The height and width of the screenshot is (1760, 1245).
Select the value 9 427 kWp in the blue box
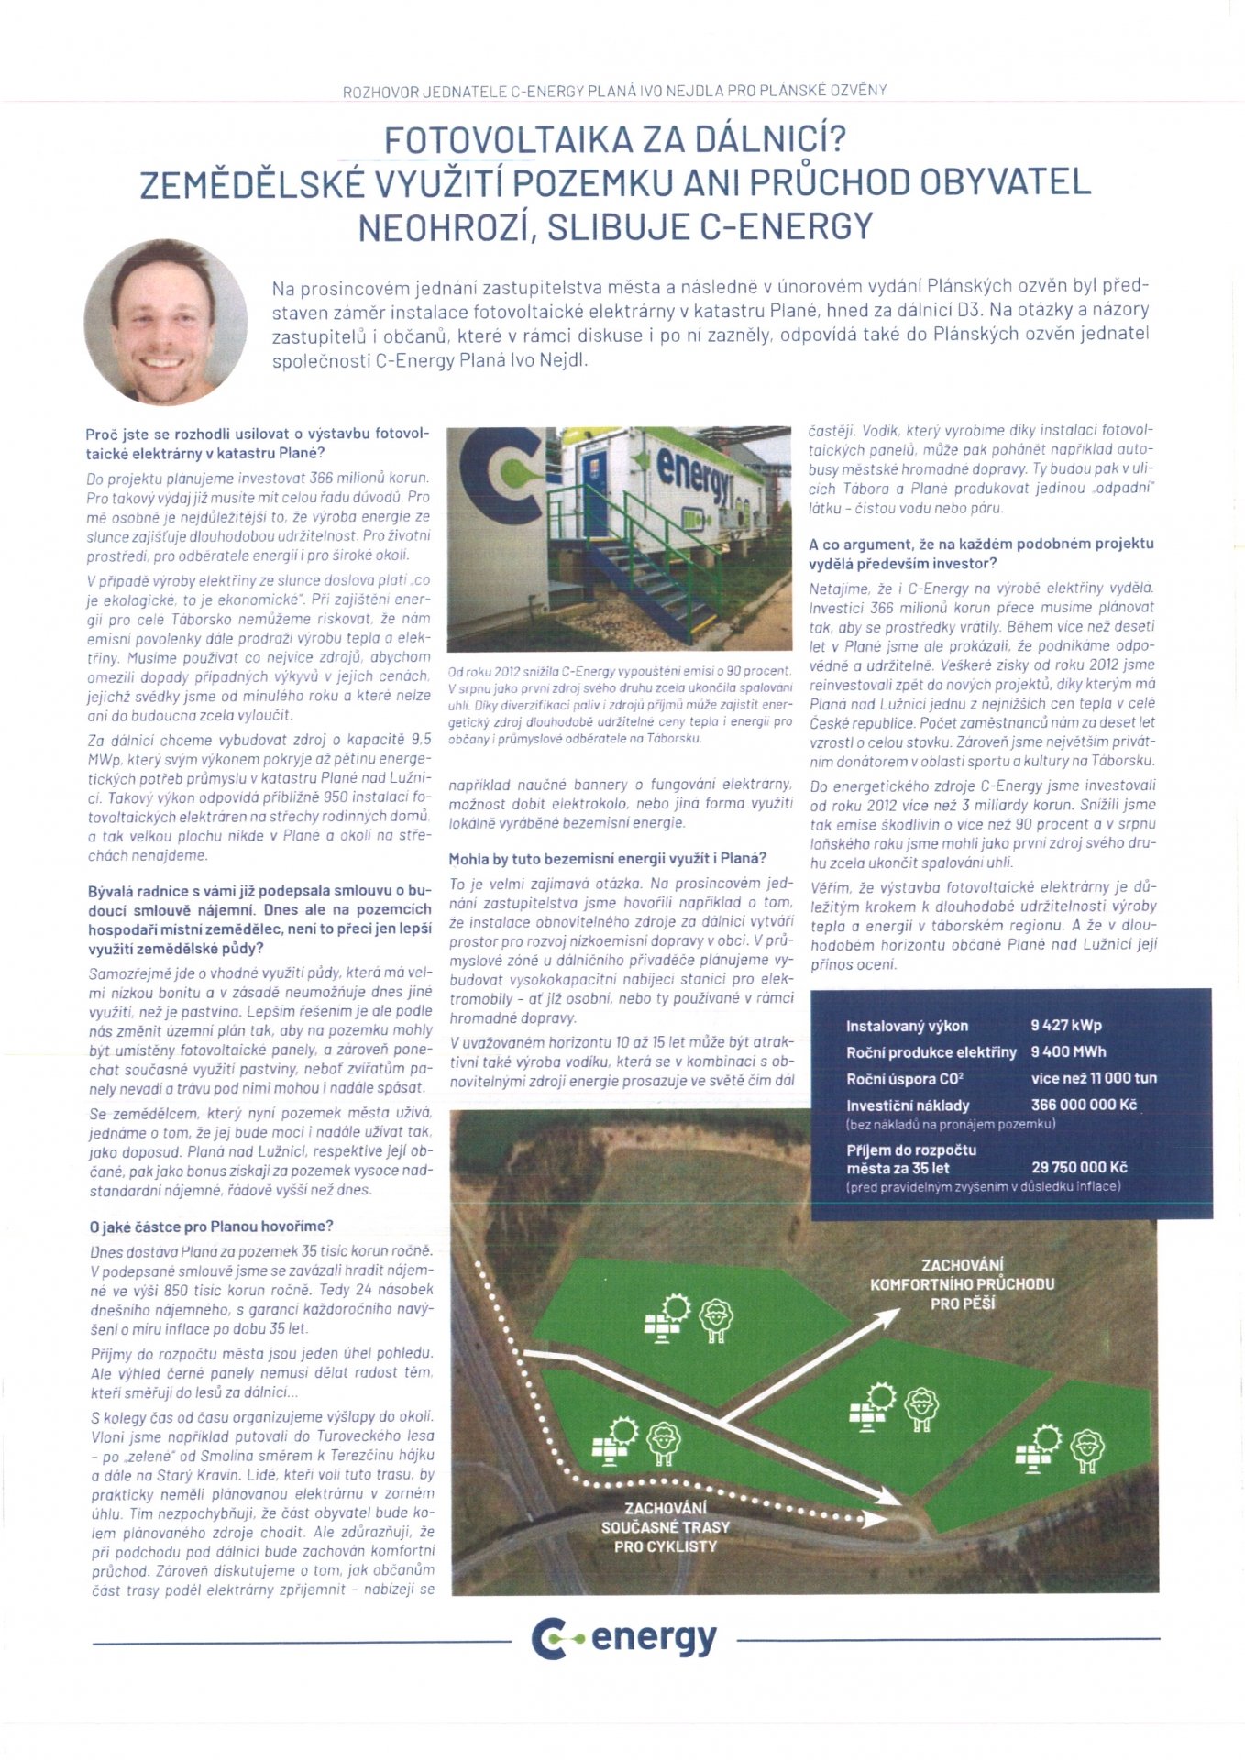coord(1065,1026)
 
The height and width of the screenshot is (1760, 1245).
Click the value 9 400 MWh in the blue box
coord(1068,1052)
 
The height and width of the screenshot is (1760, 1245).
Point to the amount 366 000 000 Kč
coord(1084,1105)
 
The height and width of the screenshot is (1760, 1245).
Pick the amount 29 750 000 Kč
coord(1079,1168)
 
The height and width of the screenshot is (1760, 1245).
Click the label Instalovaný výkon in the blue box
coord(907,1027)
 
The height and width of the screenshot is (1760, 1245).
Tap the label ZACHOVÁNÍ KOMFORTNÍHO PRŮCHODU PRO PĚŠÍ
coord(962,1283)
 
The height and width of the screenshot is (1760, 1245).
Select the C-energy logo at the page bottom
coord(623,1638)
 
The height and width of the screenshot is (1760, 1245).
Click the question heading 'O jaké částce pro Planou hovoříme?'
coord(211,1226)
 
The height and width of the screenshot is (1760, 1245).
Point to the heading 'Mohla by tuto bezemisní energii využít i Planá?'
coord(607,859)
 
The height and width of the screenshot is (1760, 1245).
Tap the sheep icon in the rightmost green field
coord(1087,1448)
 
